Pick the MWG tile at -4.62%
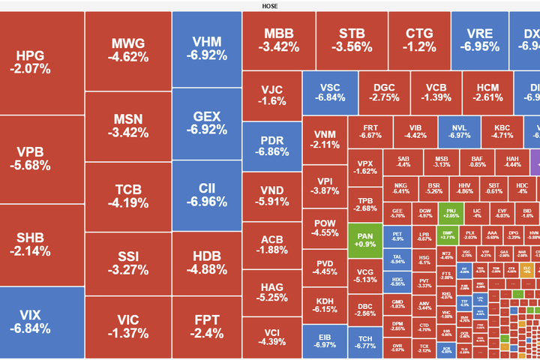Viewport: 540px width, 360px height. (x=127, y=49)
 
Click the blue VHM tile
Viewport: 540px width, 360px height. (x=206, y=49)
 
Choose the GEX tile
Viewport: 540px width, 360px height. (x=206, y=123)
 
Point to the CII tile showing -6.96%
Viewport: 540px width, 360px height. (x=206, y=195)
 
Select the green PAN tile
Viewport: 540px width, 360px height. (x=365, y=239)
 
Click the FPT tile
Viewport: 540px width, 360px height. (x=206, y=327)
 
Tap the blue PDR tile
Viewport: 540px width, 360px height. (x=271, y=146)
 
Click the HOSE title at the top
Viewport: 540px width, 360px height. (x=270, y=6)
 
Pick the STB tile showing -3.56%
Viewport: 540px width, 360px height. (x=352, y=41)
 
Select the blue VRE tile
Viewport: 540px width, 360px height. (x=480, y=41)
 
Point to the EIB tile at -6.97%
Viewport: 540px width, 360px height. (x=325, y=341)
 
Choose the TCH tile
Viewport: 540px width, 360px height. (x=365, y=341)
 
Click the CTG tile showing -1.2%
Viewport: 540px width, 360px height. (x=420, y=41)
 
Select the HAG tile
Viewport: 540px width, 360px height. (x=271, y=292)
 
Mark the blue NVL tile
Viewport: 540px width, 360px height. (x=459, y=131)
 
